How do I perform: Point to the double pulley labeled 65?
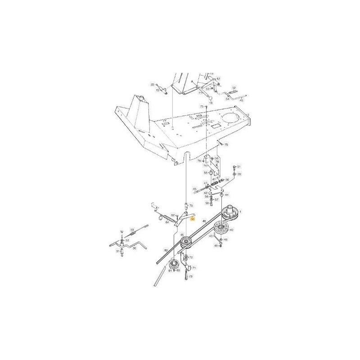click(185, 243)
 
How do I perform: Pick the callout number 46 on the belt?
click(204, 221)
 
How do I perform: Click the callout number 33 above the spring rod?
click(132, 229)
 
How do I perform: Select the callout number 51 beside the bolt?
click(239, 166)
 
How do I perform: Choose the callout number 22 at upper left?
click(152, 84)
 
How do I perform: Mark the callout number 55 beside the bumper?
click(206, 172)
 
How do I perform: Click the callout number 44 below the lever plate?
click(227, 194)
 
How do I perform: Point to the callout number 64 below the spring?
click(167, 222)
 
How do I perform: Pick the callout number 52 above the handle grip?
click(234, 88)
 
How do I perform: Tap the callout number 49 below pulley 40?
click(216, 246)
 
